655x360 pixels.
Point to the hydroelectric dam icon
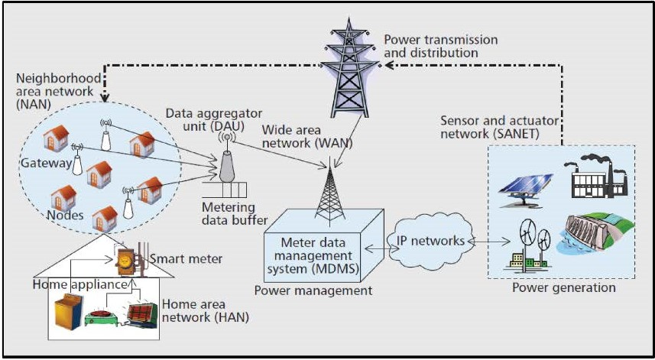598,238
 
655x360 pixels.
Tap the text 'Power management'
313,290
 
